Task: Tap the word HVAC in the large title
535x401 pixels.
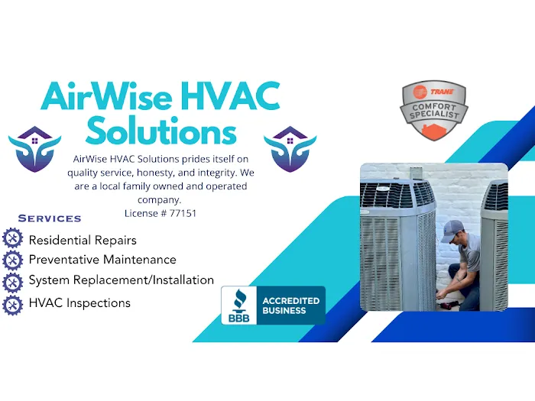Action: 228,98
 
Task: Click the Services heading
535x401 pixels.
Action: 50,219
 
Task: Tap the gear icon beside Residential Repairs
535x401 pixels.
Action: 13,239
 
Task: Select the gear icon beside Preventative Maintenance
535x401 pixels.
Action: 13,260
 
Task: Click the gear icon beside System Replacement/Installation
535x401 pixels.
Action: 13,282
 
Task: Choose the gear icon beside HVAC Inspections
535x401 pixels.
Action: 13,304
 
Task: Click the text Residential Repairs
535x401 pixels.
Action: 83,240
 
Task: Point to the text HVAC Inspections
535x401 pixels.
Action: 79,303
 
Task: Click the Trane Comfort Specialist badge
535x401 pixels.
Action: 434,112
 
